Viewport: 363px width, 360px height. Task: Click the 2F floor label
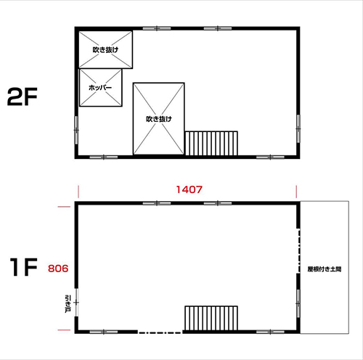pos(23,97)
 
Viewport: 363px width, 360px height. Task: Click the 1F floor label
pos(24,267)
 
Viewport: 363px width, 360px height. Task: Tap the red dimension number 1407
pos(189,189)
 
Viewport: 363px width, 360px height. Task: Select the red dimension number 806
pos(58,269)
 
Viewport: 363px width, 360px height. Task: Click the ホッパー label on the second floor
pos(100,87)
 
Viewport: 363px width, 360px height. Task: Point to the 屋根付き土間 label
pos(325,269)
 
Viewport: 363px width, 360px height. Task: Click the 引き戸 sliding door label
pos(68,303)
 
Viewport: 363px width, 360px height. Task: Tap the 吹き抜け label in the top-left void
pos(105,49)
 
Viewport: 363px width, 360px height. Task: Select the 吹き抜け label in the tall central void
pos(159,119)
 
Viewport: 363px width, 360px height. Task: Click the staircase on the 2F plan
pos(211,143)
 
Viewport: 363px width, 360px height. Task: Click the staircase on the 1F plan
pos(211,318)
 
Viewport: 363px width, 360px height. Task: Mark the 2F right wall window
pos(298,128)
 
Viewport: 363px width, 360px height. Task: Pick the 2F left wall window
pos(76,130)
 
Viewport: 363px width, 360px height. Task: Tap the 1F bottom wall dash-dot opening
pos(160,332)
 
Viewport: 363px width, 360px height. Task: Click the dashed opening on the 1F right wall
pos(299,251)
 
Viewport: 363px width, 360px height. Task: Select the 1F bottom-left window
pos(104,332)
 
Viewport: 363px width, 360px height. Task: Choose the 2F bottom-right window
pos(270,157)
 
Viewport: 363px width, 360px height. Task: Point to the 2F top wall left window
pos(157,28)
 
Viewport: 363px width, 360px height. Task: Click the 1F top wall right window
pos(218,203)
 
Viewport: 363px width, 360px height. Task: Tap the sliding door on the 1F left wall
pos(76,303)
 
